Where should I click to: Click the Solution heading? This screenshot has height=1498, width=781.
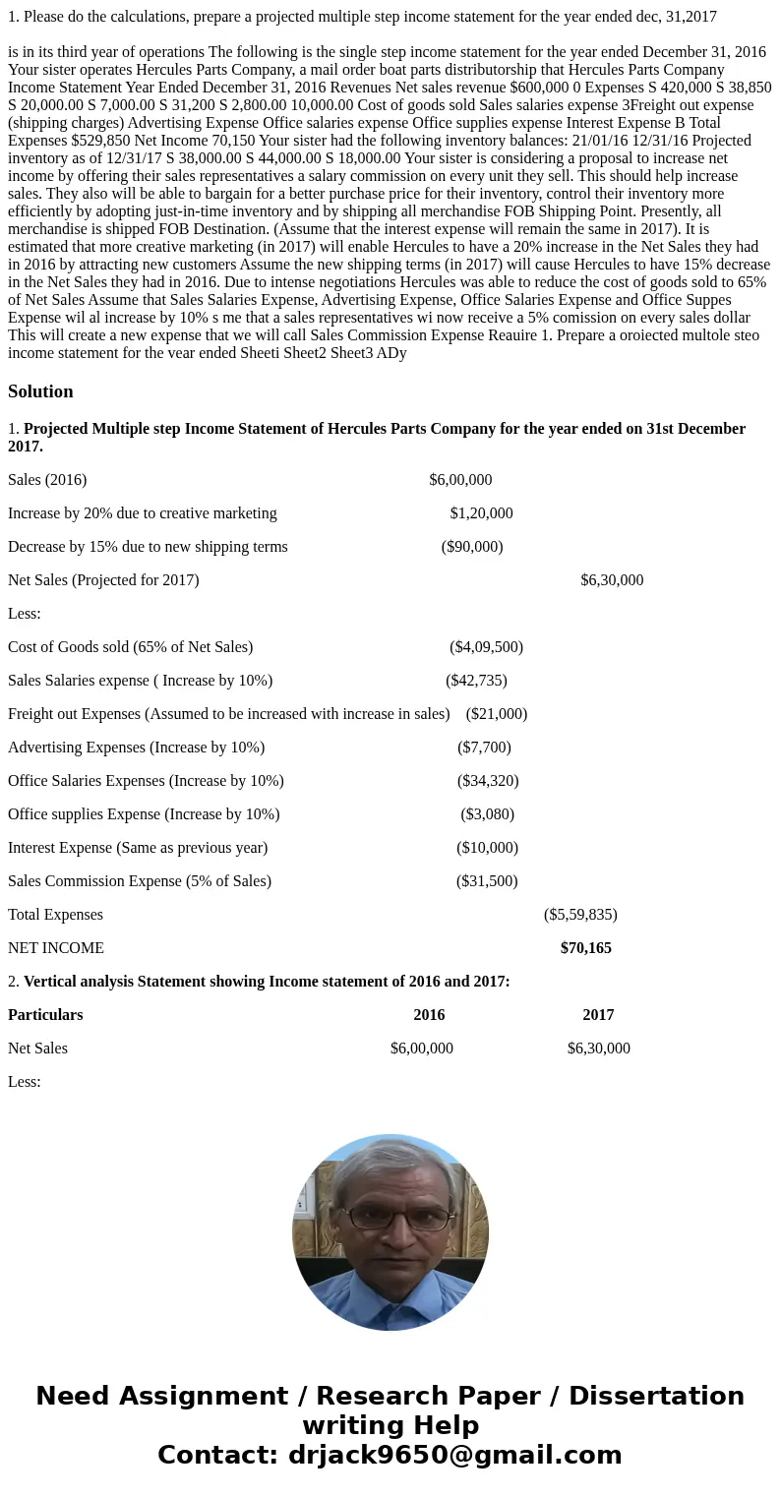[x=40, y=391]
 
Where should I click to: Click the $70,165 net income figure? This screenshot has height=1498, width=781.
[x=585, y=948]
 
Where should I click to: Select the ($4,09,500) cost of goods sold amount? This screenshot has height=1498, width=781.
[x=486, y=647]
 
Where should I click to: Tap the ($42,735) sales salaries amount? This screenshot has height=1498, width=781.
[x=476, y=681]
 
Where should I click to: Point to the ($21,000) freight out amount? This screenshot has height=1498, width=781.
[x=497, y=714]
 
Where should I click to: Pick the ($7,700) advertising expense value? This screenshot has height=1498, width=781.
[x=484, y=748]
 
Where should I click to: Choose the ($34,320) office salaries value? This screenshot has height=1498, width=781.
[x=487, y=781]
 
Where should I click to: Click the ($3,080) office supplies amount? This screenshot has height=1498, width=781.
[x=487, y=814]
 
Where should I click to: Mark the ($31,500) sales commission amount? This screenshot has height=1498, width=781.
[x=487, y=881]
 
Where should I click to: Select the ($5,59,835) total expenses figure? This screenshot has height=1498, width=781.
[x=580, y=915]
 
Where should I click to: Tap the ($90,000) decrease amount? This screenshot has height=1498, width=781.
[x=472, y=547]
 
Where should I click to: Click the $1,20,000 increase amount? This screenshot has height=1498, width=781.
[x=481, y=513]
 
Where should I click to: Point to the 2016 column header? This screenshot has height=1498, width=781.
[x=429, y=1015]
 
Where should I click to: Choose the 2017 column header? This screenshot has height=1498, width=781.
[x=598, y=1015]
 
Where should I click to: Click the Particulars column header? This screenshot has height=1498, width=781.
[x=45, y=1015]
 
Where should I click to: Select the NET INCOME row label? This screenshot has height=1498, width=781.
[x=56, y=948]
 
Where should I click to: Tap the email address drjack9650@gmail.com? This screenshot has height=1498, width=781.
[x=454, y=1455]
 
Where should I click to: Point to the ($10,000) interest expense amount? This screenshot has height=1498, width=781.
[x=487, y=848]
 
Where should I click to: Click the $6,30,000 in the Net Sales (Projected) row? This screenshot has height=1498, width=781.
[x=612, y=580]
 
